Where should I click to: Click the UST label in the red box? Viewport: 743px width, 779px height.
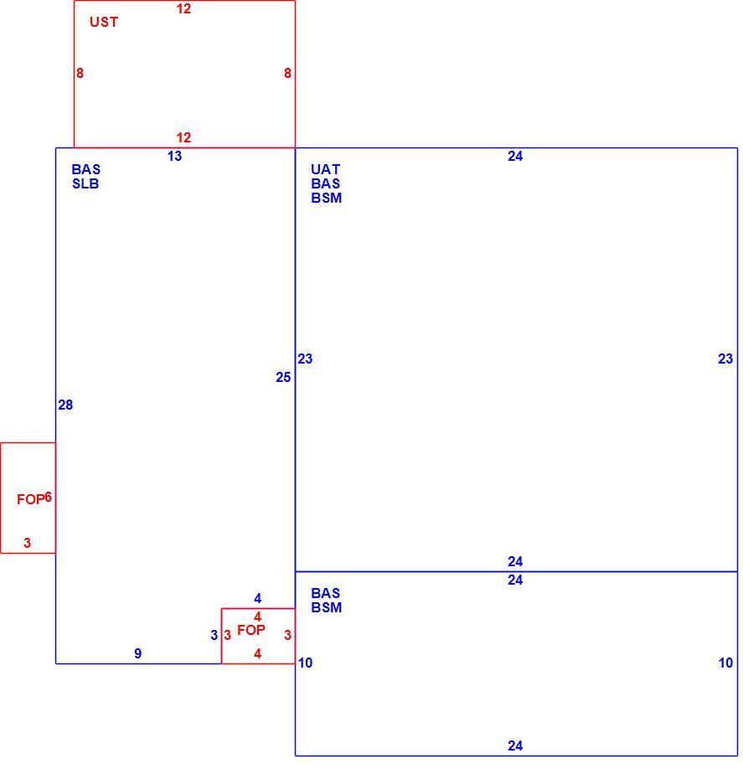104,22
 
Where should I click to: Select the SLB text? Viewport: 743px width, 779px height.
85,183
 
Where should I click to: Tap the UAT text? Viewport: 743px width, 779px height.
325,169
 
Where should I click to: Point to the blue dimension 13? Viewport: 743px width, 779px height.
174,156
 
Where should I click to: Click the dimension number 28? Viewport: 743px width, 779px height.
65,405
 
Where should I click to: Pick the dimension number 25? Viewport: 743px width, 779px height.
283,377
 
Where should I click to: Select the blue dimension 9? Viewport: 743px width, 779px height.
138,653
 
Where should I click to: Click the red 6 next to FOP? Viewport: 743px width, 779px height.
49,497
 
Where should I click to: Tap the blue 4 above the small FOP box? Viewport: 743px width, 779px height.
257,598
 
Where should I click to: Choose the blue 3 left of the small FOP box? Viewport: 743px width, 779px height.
214,635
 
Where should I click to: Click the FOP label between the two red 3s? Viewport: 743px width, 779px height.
250,630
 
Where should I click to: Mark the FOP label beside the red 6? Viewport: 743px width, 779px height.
30,499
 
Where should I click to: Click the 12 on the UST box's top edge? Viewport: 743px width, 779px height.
183,8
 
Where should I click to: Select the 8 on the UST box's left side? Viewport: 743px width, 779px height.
80,73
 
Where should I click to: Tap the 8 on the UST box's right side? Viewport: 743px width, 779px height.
287,73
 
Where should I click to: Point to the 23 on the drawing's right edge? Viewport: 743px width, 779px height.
725,359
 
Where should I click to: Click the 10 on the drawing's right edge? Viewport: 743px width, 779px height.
725,663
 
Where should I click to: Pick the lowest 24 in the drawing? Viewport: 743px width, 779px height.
515,745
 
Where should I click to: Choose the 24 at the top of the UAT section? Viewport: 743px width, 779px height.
515,156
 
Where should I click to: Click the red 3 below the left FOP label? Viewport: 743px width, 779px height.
28,543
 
